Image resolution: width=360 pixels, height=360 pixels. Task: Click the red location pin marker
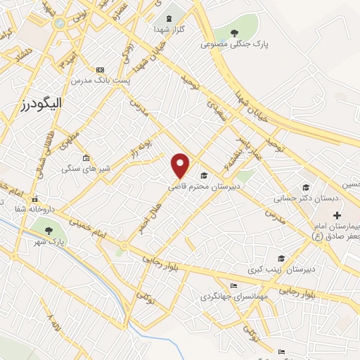point(181,165)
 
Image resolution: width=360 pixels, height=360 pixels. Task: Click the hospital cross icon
point(337,215)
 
